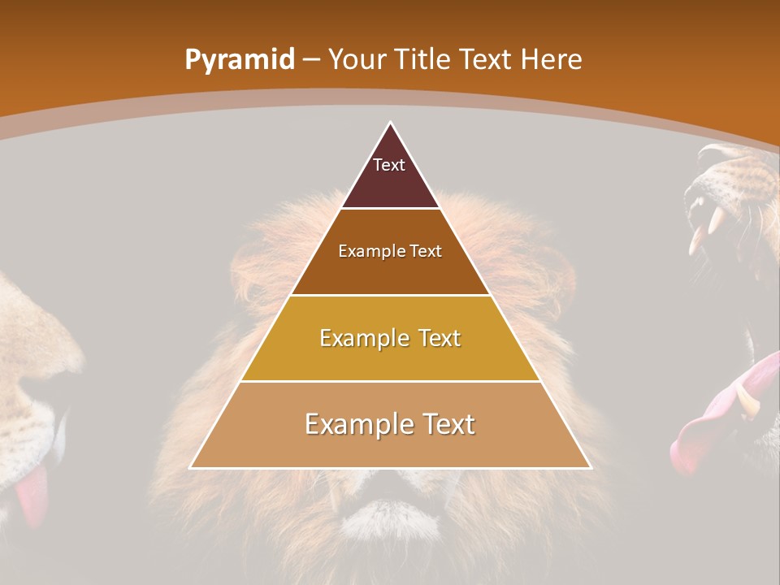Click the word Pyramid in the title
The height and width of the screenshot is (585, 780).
pos(240,60)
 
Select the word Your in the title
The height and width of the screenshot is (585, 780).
pos(357,59)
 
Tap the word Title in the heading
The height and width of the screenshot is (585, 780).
pos(422,59)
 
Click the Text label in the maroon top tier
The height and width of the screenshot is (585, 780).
pos(389,165)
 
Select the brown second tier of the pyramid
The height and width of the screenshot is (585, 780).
pos(390,268)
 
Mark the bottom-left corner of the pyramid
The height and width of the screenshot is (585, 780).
pos(191,468)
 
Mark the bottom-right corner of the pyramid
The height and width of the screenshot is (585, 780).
pos(590,468)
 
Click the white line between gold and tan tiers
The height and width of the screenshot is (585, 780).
pos(390,381)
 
